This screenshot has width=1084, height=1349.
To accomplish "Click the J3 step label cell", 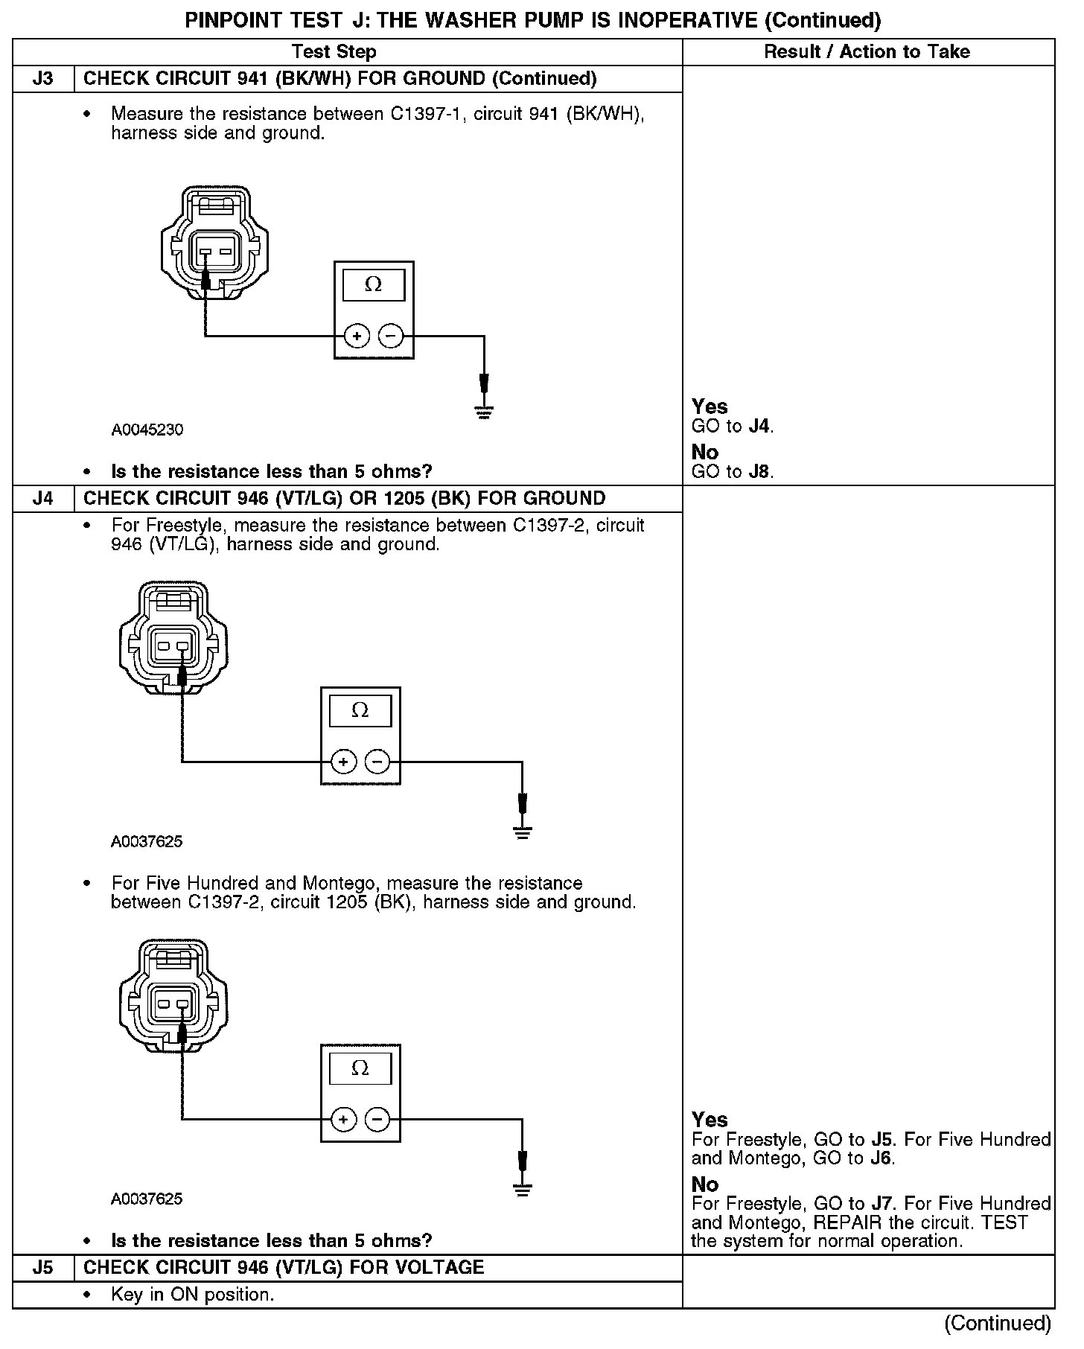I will [x=43, y=79].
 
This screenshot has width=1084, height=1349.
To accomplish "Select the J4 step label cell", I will [x=43, y=498].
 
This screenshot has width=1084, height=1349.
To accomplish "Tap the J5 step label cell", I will [x=43, y=1267].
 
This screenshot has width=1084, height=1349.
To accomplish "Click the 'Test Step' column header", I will [x=334, y=51].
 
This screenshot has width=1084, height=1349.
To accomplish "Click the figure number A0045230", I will [x=147, y=430].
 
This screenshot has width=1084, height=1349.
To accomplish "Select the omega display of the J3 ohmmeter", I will [x=373, y=285].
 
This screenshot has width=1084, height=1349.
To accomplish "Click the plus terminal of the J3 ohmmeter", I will [x=357, y=337].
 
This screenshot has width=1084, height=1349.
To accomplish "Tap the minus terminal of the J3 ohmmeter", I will [x=391, y=337].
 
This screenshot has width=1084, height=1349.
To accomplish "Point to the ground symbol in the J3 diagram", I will [x=484, y=412].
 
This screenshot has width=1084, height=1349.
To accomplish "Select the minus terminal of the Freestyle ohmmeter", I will [x=377, y=762].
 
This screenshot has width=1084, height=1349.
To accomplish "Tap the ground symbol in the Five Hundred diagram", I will [x=523, y=1189].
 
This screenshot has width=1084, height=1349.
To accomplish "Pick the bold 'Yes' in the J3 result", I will [x=710, y=406].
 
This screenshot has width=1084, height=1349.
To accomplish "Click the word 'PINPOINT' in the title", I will [x=234, y=20].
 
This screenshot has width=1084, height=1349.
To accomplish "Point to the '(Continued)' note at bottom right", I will [x=997, y=1323].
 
